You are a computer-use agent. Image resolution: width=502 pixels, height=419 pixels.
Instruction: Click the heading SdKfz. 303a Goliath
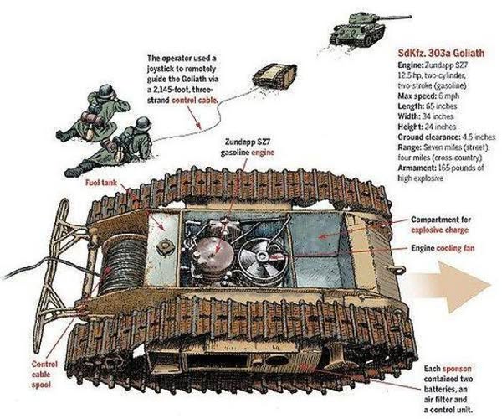[x=441, y=53]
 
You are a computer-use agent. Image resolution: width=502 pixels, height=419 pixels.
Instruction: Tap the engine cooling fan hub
[x=263, y=256]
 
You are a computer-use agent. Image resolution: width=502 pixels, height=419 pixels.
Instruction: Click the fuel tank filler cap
[x=164, y=247]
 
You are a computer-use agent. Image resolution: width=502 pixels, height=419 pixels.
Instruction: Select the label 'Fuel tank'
[x=101, y=183]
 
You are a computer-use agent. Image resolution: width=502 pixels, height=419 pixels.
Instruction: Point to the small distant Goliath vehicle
[x=274, y=75]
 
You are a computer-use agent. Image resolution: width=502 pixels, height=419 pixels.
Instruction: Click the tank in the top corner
[x=366, y=28]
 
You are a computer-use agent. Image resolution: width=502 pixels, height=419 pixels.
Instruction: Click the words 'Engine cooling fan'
[x=443, y=248]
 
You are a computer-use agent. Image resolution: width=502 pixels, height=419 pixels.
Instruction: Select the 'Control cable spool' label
[x=44, y=374]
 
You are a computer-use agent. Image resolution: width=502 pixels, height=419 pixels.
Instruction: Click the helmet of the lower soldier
[x=143, y=124]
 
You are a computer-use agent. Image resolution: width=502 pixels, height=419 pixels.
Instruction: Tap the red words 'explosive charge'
[x=439, y=230]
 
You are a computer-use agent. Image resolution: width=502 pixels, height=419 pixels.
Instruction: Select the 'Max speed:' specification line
[x=428, y=96]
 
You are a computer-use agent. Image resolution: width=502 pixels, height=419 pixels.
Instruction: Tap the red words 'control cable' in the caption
[x=195, y=101]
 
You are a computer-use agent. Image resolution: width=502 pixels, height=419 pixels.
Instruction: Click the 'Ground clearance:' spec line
[x=446, y=137]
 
